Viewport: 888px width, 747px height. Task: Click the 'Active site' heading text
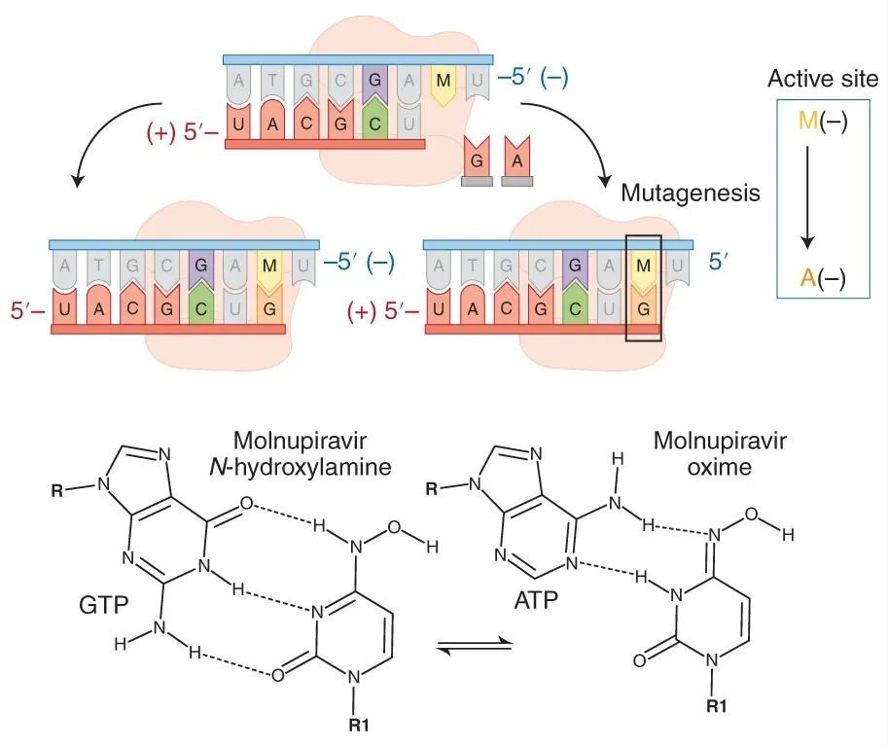click(823, 79)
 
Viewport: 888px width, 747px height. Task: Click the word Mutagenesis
click(691, 193)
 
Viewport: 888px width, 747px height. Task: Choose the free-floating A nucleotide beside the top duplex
click(516, 160)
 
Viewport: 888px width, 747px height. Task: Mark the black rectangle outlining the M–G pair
click(642, 287)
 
